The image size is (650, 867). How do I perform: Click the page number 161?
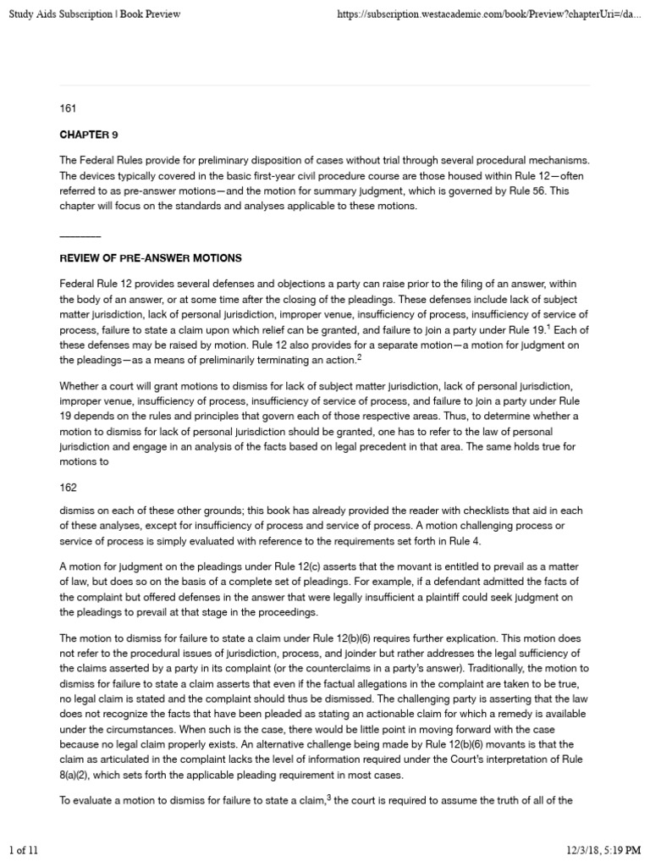(68, 109)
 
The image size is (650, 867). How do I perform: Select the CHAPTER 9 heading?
(82, 134)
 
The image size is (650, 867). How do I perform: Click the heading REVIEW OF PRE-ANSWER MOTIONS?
(151, 257)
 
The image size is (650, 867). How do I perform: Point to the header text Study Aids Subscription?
(63, 14)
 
